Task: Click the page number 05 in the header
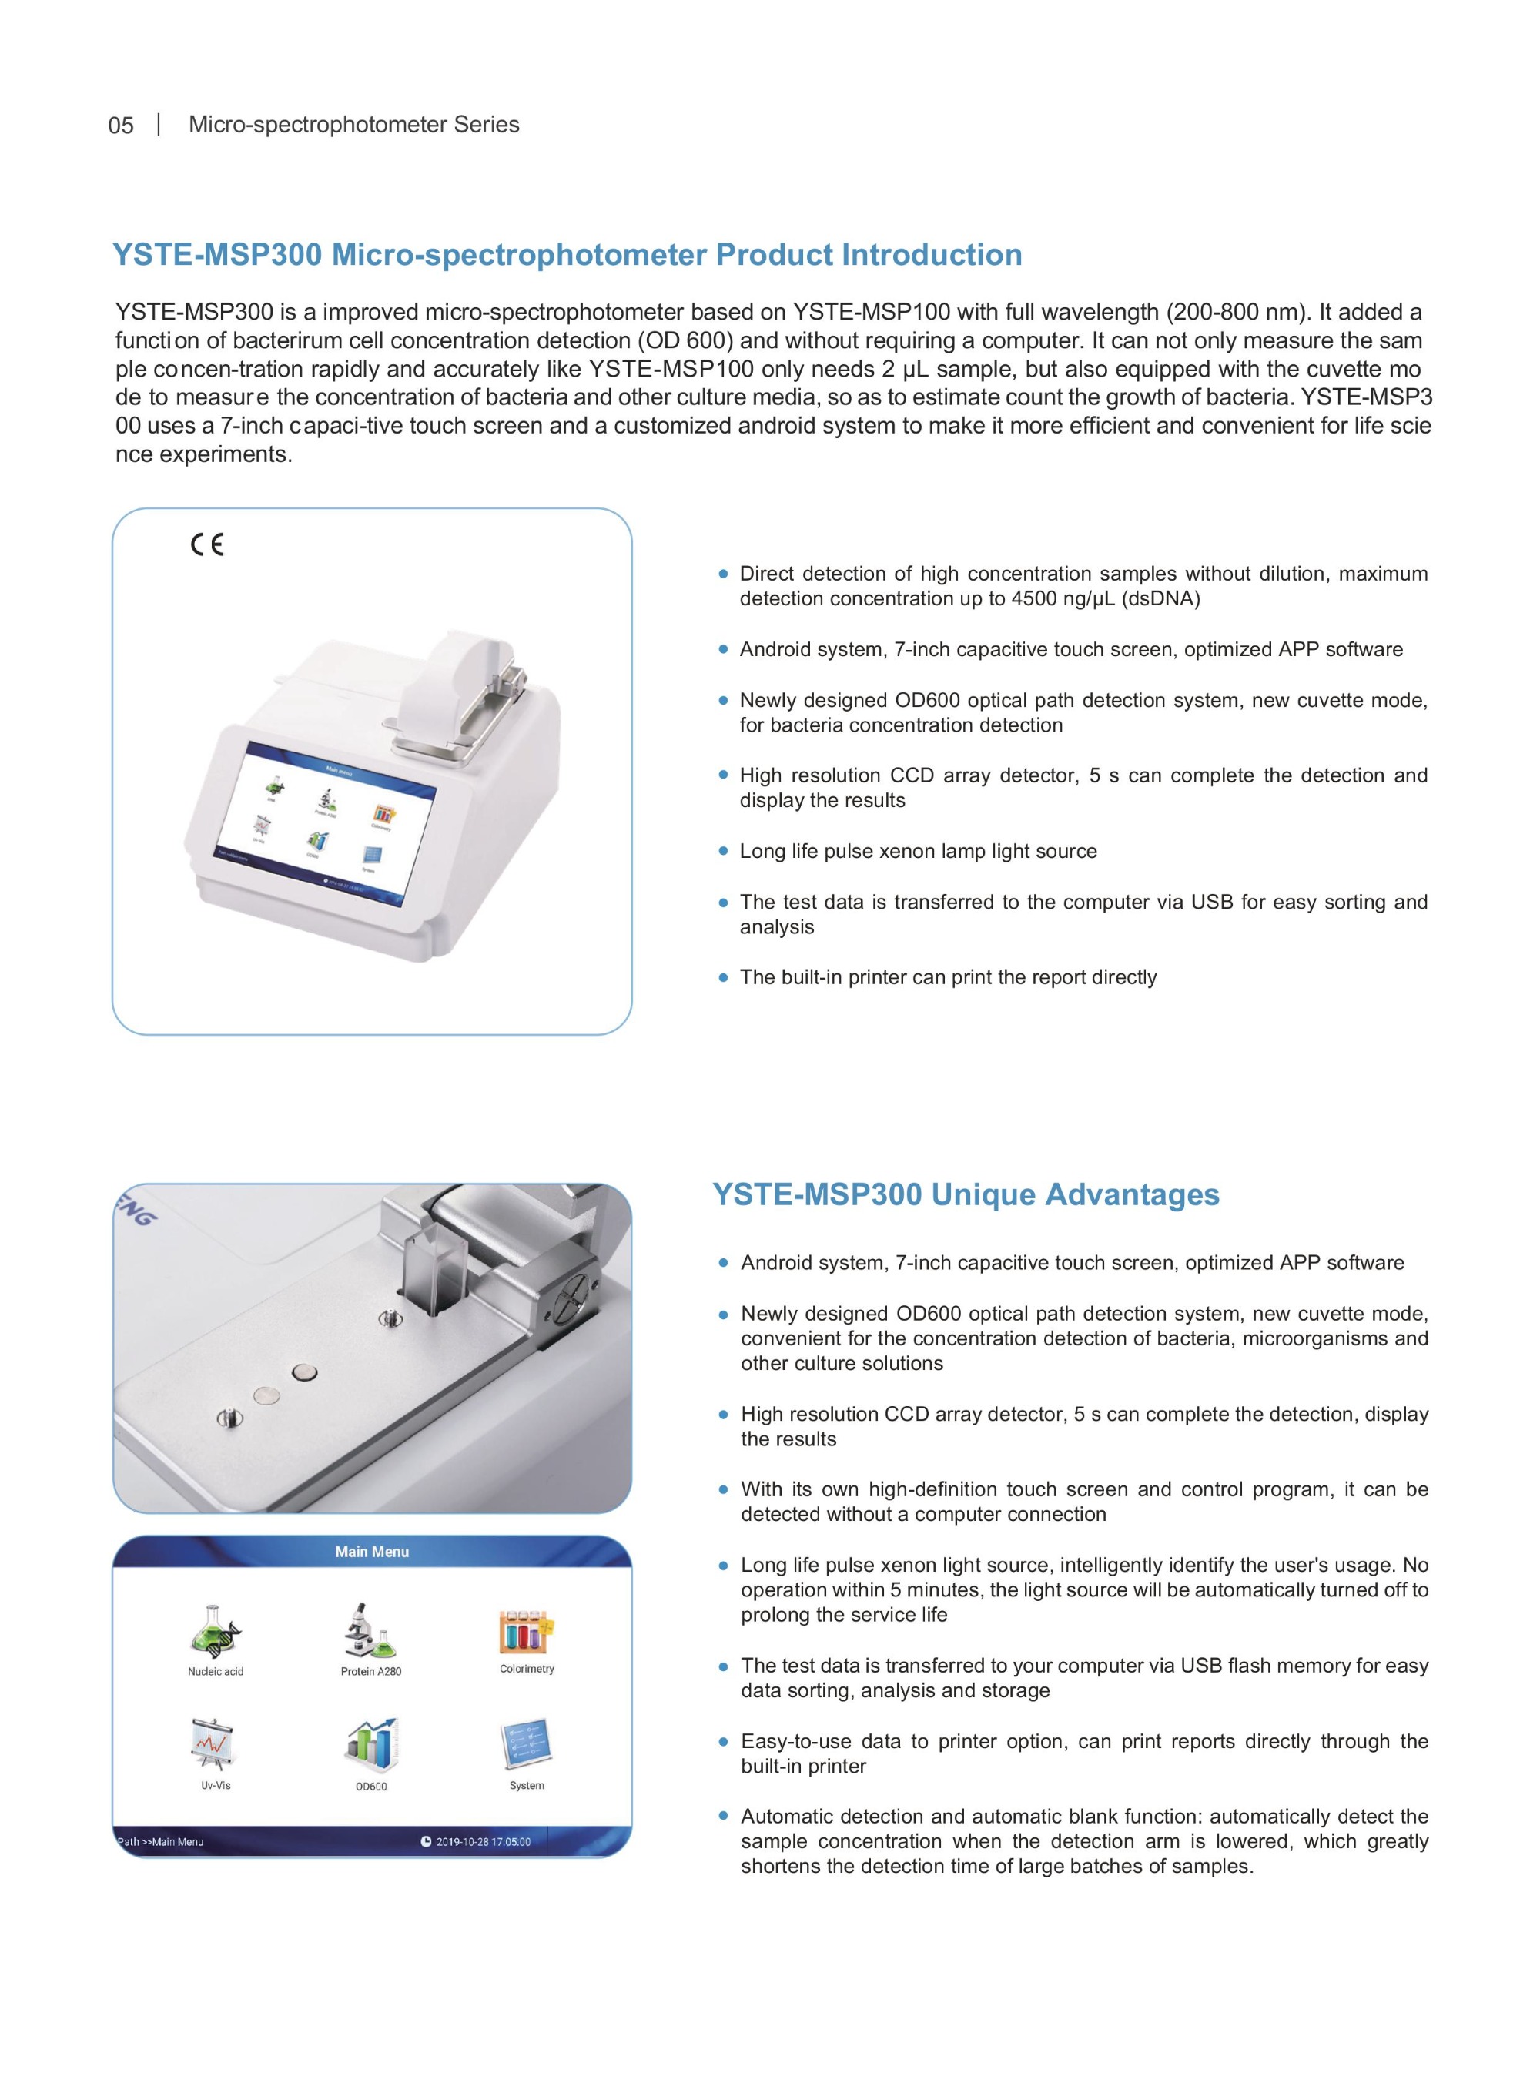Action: pyautogui.click(x=121, y=126)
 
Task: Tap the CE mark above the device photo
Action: pyautogui.click(x=207, y=544)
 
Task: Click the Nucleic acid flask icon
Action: pyautogui.click(x=216, y=1630)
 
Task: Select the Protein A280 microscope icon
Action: pyautogui.click(x=370, y=1630)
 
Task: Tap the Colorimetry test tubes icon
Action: pyautogui.click(x=527, y=1631)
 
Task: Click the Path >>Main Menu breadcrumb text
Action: pyautogui.click(x=160, y=1842)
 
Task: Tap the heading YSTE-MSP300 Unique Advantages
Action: pyautogui.click(x=966, y=1194)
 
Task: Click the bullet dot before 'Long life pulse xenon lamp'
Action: pyautogui.click(x=723, y=851)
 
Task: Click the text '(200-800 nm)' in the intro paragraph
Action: pyautogui.click(x=1238, y=313)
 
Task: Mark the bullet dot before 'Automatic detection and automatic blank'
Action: pyautogui.click(x=723, y=1816)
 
